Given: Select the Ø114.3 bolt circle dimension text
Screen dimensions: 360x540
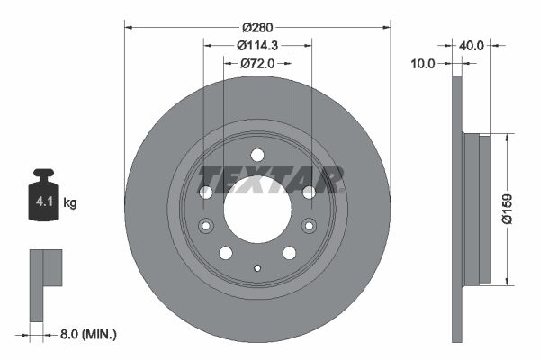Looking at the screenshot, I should coord(257,45).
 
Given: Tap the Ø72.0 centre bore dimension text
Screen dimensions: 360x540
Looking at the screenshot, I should coord(257,64).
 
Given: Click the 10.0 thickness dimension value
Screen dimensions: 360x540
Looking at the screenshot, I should coord(422,64).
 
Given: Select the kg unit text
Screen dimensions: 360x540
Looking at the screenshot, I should coord(70,203).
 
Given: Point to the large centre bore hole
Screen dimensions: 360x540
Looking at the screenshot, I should coord(257,214).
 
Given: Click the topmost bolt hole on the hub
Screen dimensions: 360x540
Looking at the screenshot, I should coord(257,154).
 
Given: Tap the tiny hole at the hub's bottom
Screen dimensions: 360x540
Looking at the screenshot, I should coord(257,267).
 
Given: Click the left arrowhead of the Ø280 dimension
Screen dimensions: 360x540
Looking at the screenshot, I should coord(128,25).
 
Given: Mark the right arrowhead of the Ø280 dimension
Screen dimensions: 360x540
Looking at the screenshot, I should coord(387,25).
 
